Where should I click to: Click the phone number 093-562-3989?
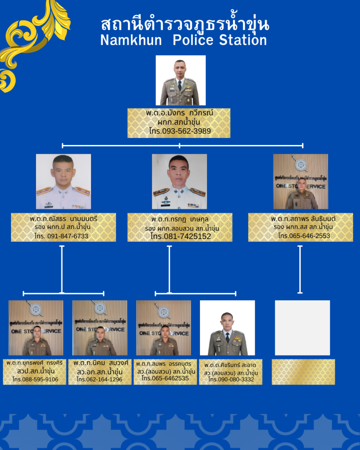(186, 131)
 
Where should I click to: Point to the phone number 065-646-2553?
(310, 236)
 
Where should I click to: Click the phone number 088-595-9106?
(40, 380)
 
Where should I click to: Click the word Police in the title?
(191, 40)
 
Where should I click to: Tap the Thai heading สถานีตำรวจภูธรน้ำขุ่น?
(184, 24)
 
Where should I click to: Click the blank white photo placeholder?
(302, 328)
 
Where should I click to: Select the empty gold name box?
(303, 372)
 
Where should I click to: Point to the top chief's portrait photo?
(180, 80)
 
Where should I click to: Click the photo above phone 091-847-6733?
(63, 181)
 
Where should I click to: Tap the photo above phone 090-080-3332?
(227, 328)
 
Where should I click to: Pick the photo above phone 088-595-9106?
(36, 328)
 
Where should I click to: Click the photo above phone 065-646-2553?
(301, 181)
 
